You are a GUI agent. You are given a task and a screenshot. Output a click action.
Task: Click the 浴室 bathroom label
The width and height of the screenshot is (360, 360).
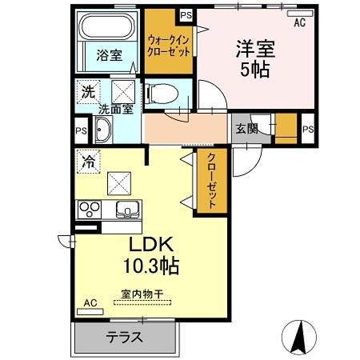click(110, 56)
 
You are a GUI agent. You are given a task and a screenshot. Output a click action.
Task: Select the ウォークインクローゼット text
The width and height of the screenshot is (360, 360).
click(169, 44)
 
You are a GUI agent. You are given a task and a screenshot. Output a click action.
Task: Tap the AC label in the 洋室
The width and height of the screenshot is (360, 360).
click(299, 23)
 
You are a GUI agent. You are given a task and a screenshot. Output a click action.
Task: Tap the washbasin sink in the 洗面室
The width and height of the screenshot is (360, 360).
click(104, 130)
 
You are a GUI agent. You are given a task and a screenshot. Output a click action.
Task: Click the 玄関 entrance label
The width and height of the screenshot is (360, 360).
click(246, 126)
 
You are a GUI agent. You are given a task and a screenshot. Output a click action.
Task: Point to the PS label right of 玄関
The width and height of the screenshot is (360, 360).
click(308, 126)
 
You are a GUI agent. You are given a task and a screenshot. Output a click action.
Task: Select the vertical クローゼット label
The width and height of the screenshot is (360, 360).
click(211, 181)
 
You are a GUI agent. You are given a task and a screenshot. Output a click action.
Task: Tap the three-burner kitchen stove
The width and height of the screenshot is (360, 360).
click(89, 210)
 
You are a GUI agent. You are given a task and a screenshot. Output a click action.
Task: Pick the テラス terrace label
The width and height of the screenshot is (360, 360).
click(124, 337)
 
